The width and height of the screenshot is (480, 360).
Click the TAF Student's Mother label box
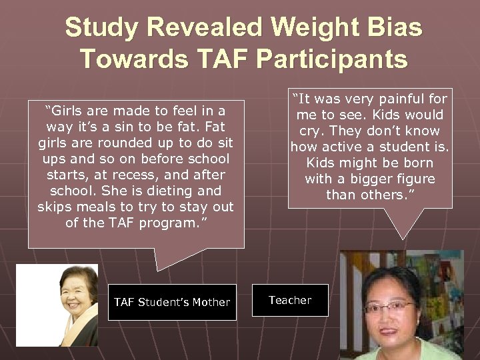tap(172, 302)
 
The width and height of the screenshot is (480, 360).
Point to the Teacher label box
tap(290, 300)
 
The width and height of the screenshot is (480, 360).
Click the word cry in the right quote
tap(305, 131)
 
